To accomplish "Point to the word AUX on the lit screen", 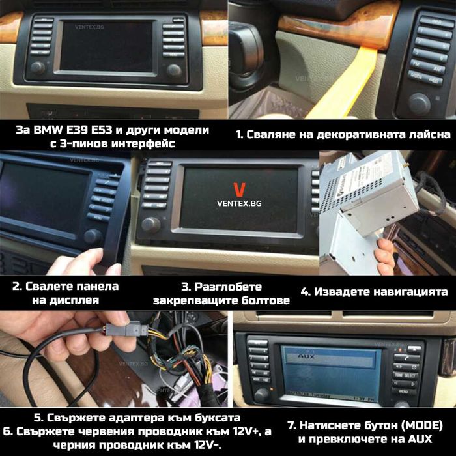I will pos(301,357).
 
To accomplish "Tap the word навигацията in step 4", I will pos(411,292).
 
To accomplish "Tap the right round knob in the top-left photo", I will pos(174,70).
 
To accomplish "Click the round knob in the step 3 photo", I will pos(151,225).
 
